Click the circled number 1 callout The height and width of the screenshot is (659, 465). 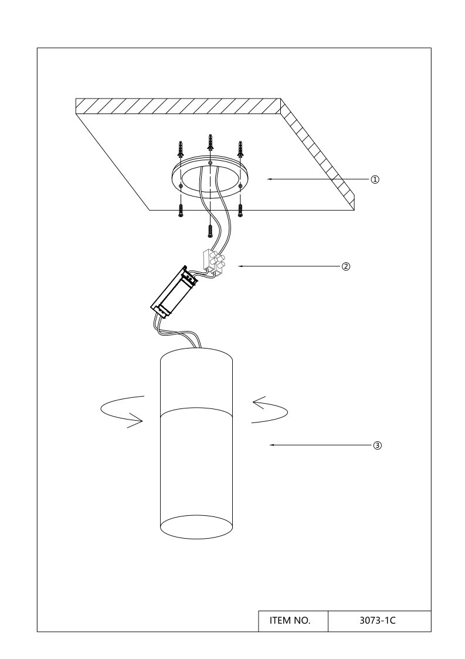375,180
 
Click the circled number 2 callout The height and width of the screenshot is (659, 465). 346,266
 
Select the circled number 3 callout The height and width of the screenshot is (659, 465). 377,445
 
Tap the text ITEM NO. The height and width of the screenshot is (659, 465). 290,620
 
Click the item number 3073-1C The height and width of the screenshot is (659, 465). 378,620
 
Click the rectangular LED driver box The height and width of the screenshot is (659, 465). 174,292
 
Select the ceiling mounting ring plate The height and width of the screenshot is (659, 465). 210,177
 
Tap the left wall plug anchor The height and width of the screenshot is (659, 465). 180,149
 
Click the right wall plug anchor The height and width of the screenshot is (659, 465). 240,149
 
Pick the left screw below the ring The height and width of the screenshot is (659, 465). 181,210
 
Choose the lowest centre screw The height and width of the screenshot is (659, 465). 210,230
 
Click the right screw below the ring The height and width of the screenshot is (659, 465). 240,211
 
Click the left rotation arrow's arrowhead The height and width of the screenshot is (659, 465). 135,420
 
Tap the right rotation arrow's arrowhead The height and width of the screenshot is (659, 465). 260,403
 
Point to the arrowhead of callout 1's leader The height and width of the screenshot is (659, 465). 271,179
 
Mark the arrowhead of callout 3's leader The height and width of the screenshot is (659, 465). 273,445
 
